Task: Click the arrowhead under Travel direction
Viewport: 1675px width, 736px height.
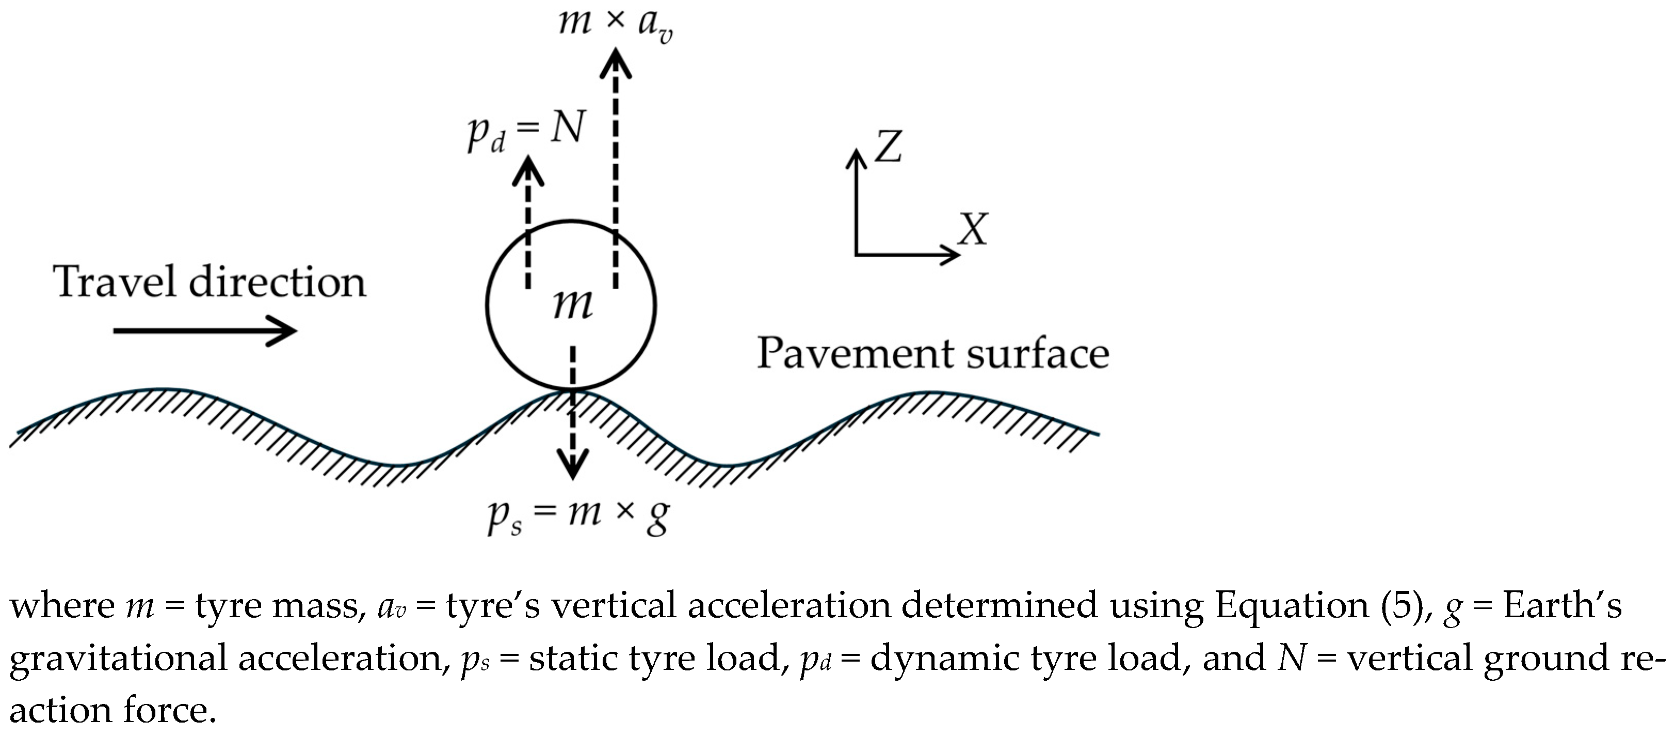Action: (x=285, y=331)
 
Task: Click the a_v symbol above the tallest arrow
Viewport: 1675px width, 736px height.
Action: (x=655, y=26)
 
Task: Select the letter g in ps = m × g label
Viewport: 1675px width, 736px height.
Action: (x=658, y=518)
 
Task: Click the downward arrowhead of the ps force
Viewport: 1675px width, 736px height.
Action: (x=573, y=467)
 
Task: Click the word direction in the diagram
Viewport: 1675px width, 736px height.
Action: (x=277, y=283)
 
